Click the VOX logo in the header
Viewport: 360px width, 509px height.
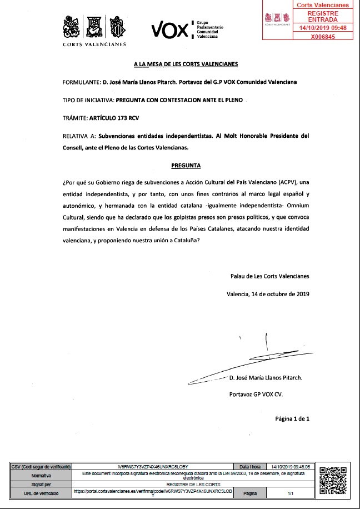pos(170,29)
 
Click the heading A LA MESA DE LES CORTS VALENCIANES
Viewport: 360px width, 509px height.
pos(186,64)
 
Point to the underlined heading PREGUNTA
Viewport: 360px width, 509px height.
pos(186,166)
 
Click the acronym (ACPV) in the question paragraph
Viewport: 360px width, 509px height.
pos(284,182)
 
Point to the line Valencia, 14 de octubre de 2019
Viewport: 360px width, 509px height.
pos(268,294)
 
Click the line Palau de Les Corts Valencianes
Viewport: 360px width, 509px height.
pos(270,276)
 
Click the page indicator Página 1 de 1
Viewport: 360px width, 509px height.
pos(292,418)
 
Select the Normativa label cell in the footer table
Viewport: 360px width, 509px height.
pos(41,476)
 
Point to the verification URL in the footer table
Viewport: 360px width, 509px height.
pos(153,492)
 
